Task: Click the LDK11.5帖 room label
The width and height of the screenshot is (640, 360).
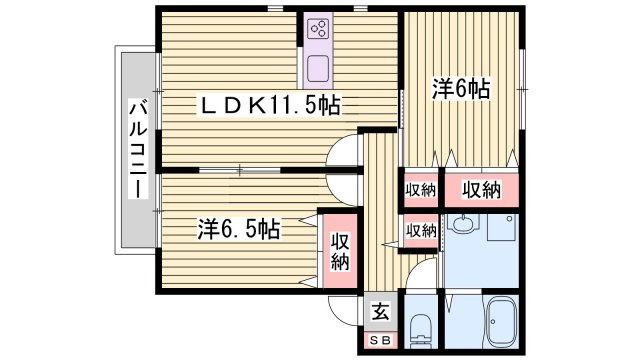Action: (x=268, y=104)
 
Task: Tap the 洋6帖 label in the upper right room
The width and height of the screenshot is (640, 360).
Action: (x=461, y=89)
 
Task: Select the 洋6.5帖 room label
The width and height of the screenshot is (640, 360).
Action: (x=237, y=229)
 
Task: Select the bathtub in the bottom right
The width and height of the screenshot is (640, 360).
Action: (x=497, y=322)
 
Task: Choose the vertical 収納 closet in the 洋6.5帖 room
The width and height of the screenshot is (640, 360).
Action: (x=340, y=250)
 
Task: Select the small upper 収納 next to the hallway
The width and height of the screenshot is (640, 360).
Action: (x=420, y=190)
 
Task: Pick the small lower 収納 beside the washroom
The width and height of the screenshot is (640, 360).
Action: (x=420, y=230)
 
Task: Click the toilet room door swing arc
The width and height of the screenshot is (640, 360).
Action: (x=423, y=271)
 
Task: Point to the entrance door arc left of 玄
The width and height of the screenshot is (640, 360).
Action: (x=342, y=309)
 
